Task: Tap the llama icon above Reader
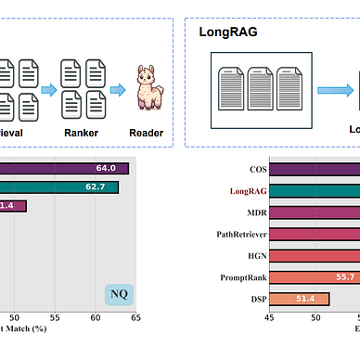click(x=146, y=89)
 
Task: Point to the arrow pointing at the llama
click(x=118, y=90)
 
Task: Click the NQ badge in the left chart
click(x=119, y=296)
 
